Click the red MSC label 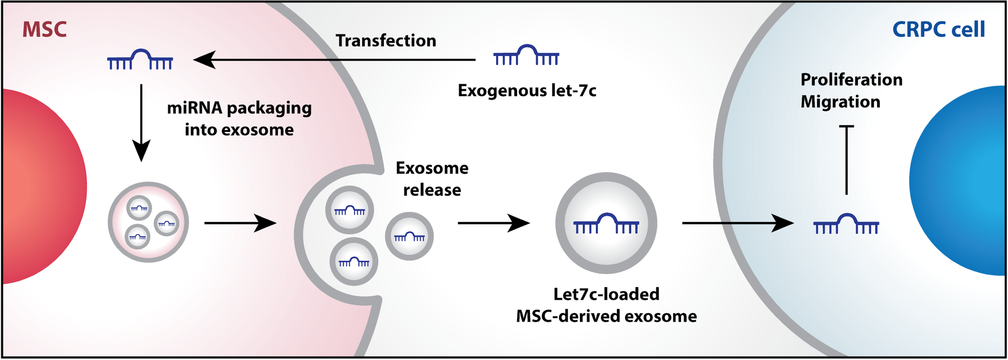(x=44, y=29)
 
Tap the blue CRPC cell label (x=938, y=29)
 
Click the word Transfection (x=386, y=41)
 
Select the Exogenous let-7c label (x=527, y=91)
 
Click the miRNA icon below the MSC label (x=140, y=59)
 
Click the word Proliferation (x=852, y=80)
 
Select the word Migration (x=841, y=102)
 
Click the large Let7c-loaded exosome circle (x=606, y=223)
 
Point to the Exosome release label (x=432, y=179)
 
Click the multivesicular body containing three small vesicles (x=148, y=222)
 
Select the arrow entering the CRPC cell (x=738, y=223)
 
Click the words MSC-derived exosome (x=606, y=316)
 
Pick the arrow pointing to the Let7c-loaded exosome (x=493, y=223)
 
